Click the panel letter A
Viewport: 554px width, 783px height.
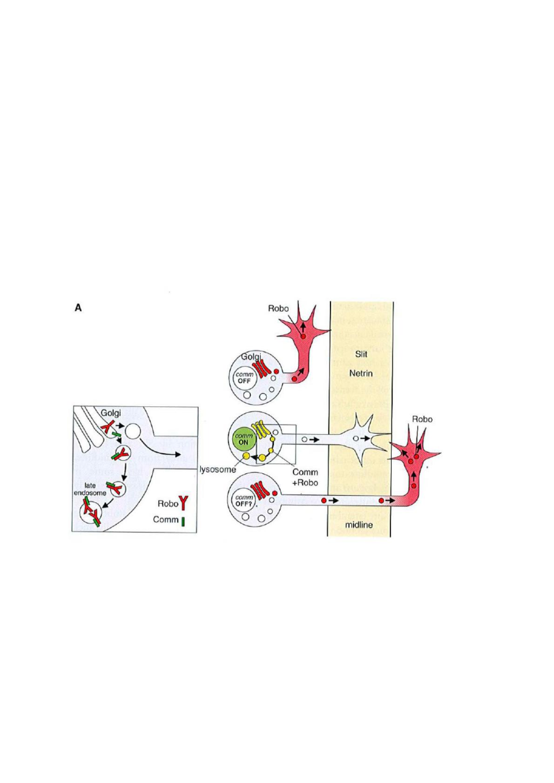click(78, 308)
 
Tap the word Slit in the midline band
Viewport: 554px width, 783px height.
click(361, 354)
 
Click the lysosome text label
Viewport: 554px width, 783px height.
click(218, 470)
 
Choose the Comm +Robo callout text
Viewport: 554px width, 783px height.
click(305, 477)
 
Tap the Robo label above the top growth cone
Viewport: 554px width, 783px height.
click(278, 308)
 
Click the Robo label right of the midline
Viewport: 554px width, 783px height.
click(422, 419)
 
